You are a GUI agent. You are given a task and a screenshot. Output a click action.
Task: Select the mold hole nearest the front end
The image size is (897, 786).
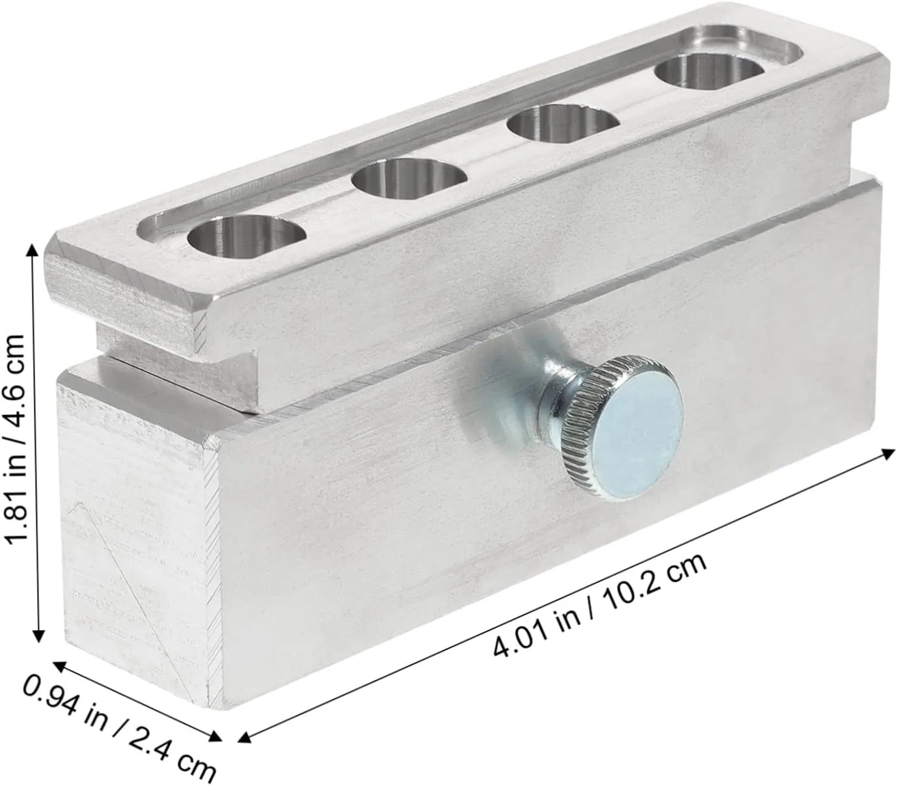247,238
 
